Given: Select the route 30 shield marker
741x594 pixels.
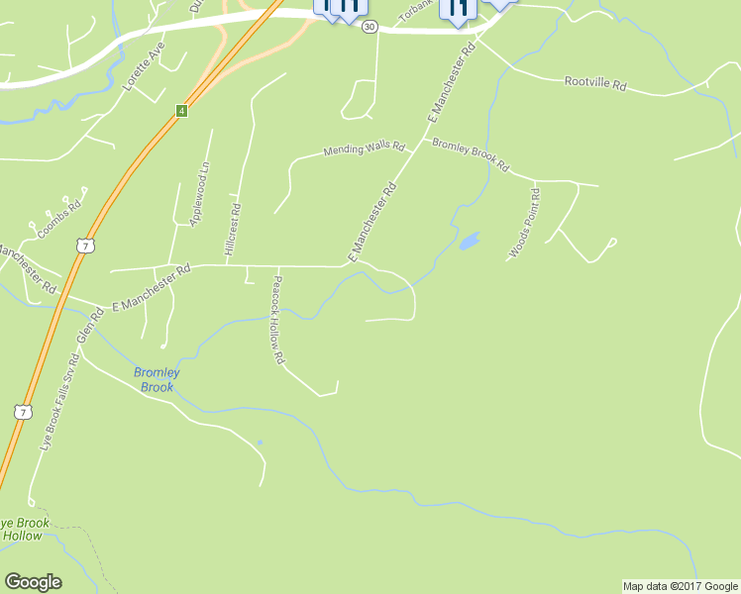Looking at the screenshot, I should pos(370,27).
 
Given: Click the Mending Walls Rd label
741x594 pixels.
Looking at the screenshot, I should pos(365,149).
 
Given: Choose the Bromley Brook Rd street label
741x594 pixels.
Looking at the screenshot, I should pos(470,153).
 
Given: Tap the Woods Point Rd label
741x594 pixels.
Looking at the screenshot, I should pos(525,223).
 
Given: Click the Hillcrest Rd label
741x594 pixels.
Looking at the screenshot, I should pos(233,232).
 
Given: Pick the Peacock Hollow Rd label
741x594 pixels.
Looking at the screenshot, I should pos(278,319).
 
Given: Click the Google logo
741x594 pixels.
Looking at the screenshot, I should pos(33,582).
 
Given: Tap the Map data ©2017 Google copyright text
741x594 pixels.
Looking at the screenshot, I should pos(680,586).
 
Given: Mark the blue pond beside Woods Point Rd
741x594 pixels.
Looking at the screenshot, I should pos(469,241).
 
